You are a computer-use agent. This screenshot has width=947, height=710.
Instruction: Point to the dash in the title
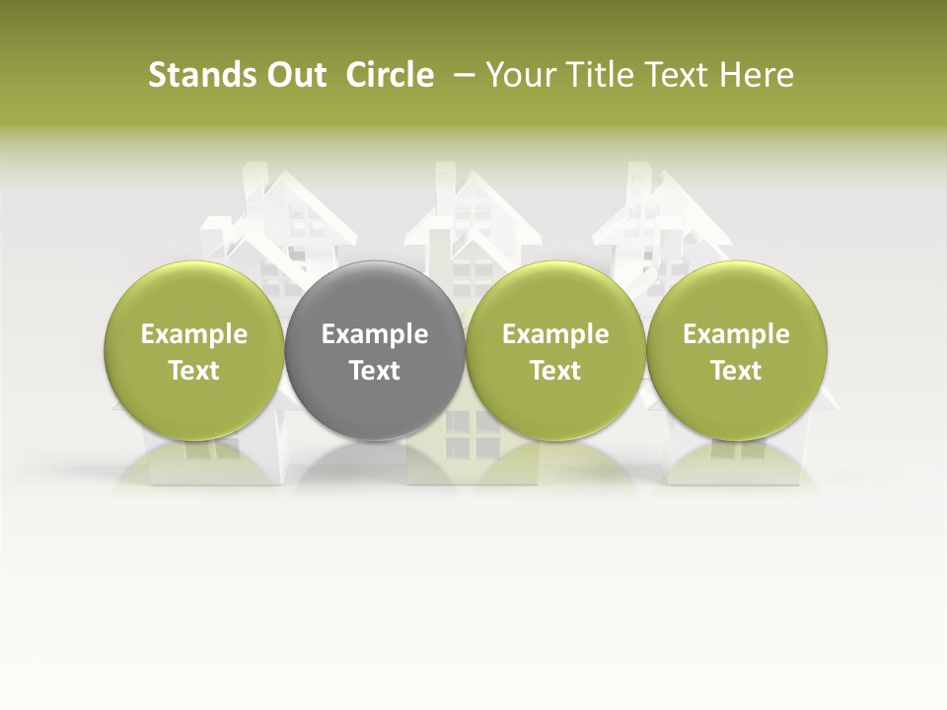pos(461,75)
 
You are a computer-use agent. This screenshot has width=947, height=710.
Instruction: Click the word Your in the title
pos(519,75)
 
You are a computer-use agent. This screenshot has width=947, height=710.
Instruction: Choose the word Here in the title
pos(755,75)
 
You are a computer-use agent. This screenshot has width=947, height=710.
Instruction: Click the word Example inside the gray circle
pos(374,335)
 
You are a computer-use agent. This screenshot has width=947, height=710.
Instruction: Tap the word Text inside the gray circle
pos(374,371)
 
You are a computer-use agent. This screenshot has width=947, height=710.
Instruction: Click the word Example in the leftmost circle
pos(193,335)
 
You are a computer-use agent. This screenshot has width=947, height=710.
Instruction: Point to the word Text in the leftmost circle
pos(193,371)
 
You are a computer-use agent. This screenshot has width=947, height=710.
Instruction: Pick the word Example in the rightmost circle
pos(736,335)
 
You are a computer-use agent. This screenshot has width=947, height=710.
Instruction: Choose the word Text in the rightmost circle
pos(736,371)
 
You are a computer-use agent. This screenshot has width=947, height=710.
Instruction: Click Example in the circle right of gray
pos(555,335)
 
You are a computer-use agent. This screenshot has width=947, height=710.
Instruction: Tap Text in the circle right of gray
pos(555,371)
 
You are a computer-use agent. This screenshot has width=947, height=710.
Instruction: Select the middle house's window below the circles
pos(460,434)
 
